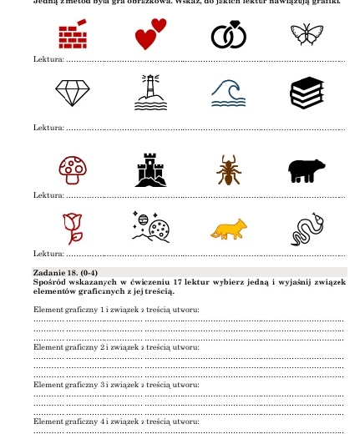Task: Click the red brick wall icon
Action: [x=73, y=34]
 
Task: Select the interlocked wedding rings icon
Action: [x=222, y=36]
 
